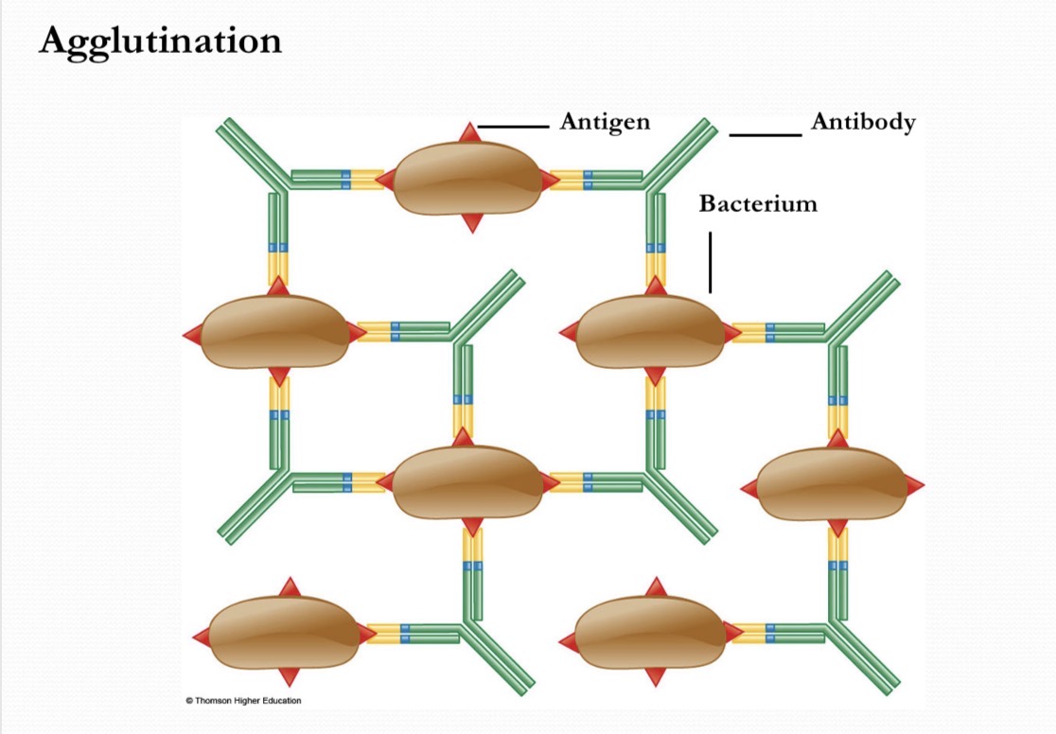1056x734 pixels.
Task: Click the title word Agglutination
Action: [x=160, y=43]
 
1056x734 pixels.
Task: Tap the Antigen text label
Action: [x=605, y=122]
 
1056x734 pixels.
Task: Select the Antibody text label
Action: [x=863, y=122]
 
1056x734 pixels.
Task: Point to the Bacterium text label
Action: [x=758, y=203]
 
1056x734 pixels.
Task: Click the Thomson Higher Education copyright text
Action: [x=244, y=700]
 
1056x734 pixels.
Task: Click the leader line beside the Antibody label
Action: [x=766, y=135]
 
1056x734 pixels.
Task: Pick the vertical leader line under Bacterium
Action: [x=710, y=263]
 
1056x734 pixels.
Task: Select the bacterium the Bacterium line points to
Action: [x=651, y=331]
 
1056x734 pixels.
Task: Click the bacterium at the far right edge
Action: [x=833, y=484]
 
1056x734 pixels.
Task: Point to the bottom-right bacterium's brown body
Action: [x=651, y=633]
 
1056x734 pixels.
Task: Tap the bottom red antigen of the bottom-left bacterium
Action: [x=289, y=677]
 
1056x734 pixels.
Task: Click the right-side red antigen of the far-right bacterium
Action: [x=914, y=486]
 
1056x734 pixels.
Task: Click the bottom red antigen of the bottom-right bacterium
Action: [x=655, y=676]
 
